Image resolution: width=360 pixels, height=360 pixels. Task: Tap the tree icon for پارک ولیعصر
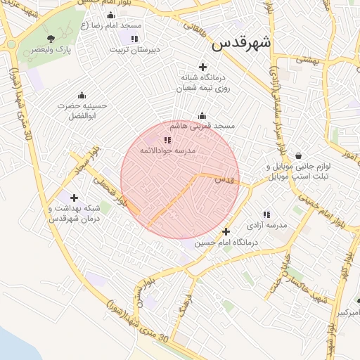(x=50, y=39)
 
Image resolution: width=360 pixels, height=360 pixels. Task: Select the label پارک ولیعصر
(x=55, y=51)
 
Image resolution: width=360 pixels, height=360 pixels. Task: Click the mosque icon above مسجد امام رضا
(x=110, y=15)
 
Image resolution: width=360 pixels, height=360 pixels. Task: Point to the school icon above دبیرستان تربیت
(x=134, y=39)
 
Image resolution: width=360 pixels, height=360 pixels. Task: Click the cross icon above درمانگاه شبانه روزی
(x=202, y=67)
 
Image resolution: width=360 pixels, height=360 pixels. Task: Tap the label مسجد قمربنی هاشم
(x=206, y=126)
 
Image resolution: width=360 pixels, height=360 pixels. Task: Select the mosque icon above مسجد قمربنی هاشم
(x=202, y=115)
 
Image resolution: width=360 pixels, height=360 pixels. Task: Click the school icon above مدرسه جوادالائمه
(x=167, y=141)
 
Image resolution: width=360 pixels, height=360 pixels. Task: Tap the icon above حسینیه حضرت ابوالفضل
(x=82, y=95)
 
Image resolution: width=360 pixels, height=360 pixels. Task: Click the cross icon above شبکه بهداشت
(x=74, y=198)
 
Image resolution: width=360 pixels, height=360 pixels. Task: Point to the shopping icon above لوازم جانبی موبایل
(x=299, y=156)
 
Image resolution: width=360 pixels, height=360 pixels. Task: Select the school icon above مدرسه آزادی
(x=266, y=214)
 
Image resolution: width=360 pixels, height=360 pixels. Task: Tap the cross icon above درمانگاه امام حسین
(x=226, y=231)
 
